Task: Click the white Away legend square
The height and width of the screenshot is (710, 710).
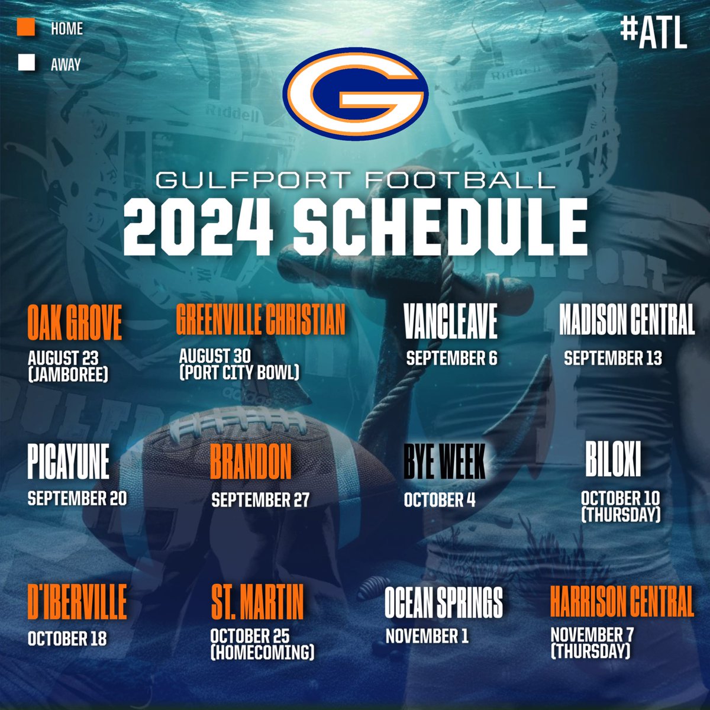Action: click(27, 63)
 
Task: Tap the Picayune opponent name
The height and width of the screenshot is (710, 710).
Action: click(68, 461)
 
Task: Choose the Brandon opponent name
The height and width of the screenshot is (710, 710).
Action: click(251, 461)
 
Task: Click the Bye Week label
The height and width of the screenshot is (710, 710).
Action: click(444, 461)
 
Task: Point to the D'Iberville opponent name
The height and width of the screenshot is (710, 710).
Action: click(77, 602)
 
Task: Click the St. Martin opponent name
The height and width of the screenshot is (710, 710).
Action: click(257, 602)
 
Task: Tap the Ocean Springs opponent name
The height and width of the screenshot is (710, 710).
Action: click(444, 602)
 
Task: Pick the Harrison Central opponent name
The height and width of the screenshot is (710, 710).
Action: click(621, 602)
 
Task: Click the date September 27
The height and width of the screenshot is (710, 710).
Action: click(260, 500)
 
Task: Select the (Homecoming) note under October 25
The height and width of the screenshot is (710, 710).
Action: click(262, 652)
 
